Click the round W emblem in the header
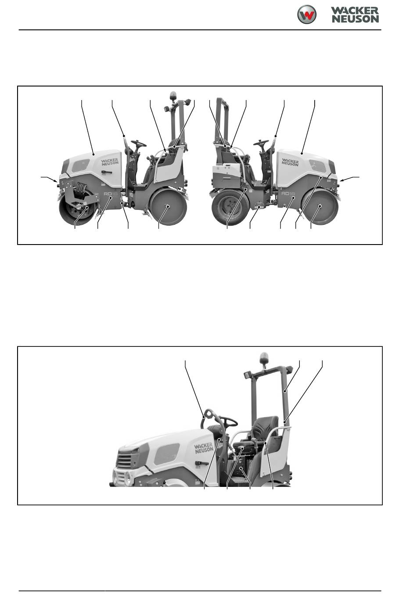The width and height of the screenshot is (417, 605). [x=306, y=14]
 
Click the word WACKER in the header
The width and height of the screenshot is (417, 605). [x=355, y=11]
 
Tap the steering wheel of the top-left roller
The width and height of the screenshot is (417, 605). [x=139, y=143]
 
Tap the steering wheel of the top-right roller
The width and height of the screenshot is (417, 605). [x=261, y=143]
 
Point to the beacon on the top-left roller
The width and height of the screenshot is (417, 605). [x=173, y=96]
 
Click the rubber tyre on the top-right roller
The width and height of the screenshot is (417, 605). [x=230, y=207]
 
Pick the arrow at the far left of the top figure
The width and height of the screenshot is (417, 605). [x=49, y=179]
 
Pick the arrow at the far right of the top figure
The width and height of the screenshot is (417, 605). [x=350, y=179]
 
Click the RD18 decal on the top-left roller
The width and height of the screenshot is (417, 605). [x=111, y=194]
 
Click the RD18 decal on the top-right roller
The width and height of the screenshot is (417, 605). [x=288, y=193]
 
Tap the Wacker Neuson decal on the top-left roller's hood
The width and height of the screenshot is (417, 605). [x=110, y=162]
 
